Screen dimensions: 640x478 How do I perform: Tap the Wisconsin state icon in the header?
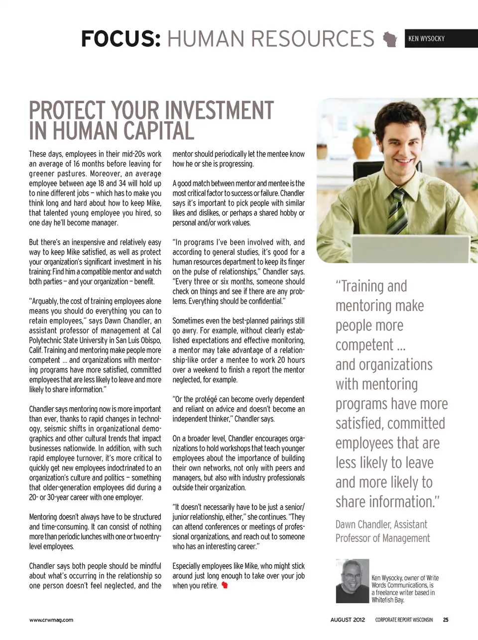point(390,39)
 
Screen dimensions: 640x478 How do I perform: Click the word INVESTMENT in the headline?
point(219,110)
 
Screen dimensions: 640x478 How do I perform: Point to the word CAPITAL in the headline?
point(159,131)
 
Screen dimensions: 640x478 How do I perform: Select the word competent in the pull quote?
point(364,345)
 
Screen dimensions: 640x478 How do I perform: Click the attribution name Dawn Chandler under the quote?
point(363,524)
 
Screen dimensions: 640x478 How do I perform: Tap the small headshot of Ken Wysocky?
point(353,581)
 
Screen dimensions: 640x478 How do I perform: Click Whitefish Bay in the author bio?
point(387,600)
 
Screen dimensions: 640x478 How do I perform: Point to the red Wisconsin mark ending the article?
point(225,586)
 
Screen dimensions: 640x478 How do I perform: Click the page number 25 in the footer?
point(446,620)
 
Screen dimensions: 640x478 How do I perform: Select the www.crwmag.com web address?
point(51,620)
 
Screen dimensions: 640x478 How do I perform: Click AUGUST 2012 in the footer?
point(348,620)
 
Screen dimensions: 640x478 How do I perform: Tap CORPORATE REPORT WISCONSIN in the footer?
point(404,620)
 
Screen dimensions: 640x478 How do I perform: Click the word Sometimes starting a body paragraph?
point(189,321)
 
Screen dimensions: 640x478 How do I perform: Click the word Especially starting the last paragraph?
point(189,566)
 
